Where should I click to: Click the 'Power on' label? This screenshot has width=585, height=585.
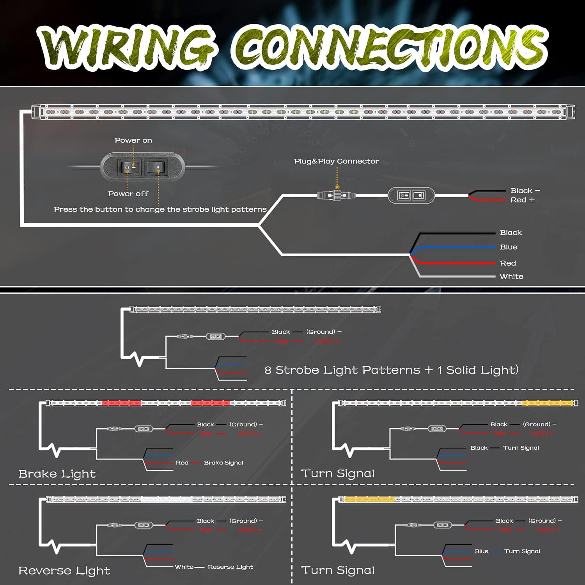click(133, 140)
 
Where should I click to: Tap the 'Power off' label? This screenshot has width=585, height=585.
click(128, 194)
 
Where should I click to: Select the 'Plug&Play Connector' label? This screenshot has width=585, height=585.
click(336, 161)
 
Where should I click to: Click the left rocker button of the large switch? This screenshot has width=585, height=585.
click(129, 167)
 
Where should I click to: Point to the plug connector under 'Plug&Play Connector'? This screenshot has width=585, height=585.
click(336, 195)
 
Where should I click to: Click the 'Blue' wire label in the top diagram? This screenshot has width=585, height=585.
click(509, 247)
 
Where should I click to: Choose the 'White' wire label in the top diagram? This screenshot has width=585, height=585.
click(511, 277)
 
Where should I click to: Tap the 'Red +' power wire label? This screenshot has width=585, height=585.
click(522, 200)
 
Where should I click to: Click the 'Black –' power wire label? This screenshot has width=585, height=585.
click(525, 191)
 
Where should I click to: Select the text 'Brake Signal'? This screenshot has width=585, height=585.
click(223, 463)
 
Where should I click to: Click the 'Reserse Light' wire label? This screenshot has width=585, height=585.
click(230, 567)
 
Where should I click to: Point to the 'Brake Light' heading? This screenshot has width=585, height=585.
click(57, 474)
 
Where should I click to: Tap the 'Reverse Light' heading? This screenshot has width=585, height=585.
click(64, 571)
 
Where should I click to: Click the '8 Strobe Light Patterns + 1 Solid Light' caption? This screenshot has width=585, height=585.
click(391, 370)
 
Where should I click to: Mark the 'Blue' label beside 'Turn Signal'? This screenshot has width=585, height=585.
click(481, 551)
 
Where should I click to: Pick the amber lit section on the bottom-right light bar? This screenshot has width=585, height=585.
click(369, 500)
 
